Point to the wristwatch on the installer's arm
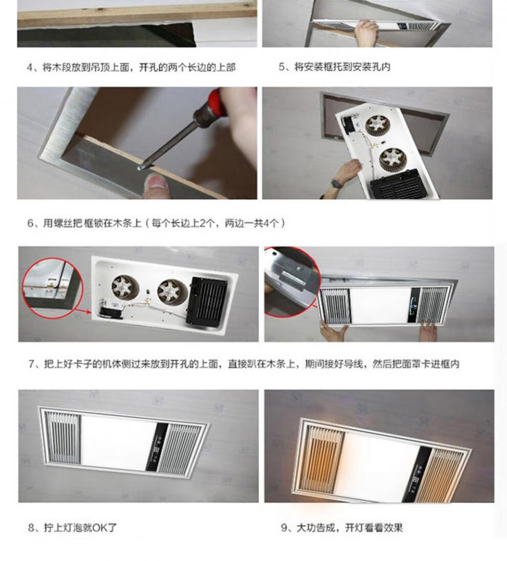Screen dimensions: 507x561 pyautogui.click(x=336, y=183)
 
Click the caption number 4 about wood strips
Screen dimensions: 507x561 pyautogui.click(x=30, y=67)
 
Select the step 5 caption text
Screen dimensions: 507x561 pyautogui.click(x=334, y=67)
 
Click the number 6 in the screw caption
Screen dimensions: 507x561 pyautogui.click(x=30, y=224)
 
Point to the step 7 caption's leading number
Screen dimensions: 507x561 pyautogui.click(x=32, y=364)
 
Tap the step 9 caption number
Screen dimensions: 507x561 pyautogui.click(x=284, y=528)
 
